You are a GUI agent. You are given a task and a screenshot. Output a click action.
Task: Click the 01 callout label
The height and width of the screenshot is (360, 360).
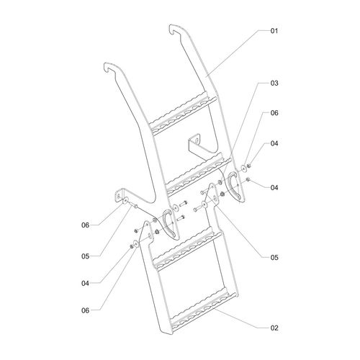[274, 31]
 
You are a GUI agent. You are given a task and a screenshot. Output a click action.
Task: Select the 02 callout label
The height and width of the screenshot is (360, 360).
[274, 328]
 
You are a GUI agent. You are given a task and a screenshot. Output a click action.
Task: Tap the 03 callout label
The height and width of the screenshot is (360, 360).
[274, 83]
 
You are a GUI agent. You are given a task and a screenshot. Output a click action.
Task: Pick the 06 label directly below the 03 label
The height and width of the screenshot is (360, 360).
[274, 113]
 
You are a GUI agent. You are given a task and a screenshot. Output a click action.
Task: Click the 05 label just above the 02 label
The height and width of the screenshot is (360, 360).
[274, 257]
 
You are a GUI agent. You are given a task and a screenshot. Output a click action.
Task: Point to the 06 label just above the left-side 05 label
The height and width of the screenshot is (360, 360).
[85, 225]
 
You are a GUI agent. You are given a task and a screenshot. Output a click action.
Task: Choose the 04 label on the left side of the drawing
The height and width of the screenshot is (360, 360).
[85, 284]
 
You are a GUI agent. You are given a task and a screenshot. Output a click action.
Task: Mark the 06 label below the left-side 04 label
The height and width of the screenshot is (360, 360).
[85, 310]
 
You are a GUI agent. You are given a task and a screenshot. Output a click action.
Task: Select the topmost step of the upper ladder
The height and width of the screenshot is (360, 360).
[184, 113]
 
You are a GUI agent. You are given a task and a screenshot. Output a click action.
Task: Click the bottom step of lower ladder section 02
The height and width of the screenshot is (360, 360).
[204, 310]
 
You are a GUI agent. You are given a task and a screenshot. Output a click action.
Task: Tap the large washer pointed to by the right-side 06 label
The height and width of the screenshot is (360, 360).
[243, 168]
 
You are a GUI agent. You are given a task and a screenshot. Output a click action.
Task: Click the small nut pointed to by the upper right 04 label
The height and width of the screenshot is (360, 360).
[249, 166]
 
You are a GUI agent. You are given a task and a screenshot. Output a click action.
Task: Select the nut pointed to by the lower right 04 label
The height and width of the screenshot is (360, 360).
[248, 179]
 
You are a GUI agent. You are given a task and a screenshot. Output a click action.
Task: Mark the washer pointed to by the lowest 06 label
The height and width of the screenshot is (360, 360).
[135, 244]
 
